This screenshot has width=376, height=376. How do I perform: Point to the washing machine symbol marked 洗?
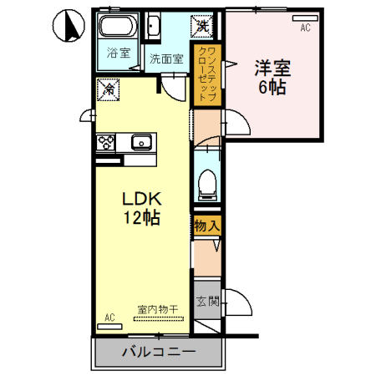point(203,25)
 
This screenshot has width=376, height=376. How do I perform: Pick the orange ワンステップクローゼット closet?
point(203,76)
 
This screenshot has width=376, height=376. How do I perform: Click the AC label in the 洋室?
point(305,28)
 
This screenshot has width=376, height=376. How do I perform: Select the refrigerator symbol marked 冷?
point(108,86)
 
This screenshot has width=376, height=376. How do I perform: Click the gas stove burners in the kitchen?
point(105,142)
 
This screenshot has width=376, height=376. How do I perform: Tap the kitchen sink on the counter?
point(140,141)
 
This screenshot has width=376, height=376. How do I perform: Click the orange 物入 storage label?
point(206,225)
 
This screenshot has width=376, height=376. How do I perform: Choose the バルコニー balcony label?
point(158,353)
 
